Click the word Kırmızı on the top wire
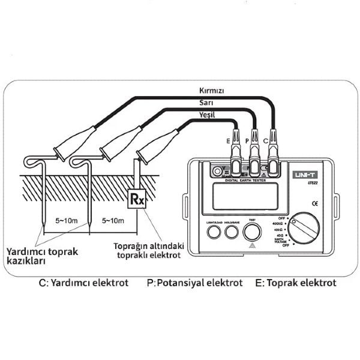212,91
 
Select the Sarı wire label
206,103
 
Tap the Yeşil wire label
206,115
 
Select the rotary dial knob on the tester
304,229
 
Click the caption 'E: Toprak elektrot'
295,282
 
